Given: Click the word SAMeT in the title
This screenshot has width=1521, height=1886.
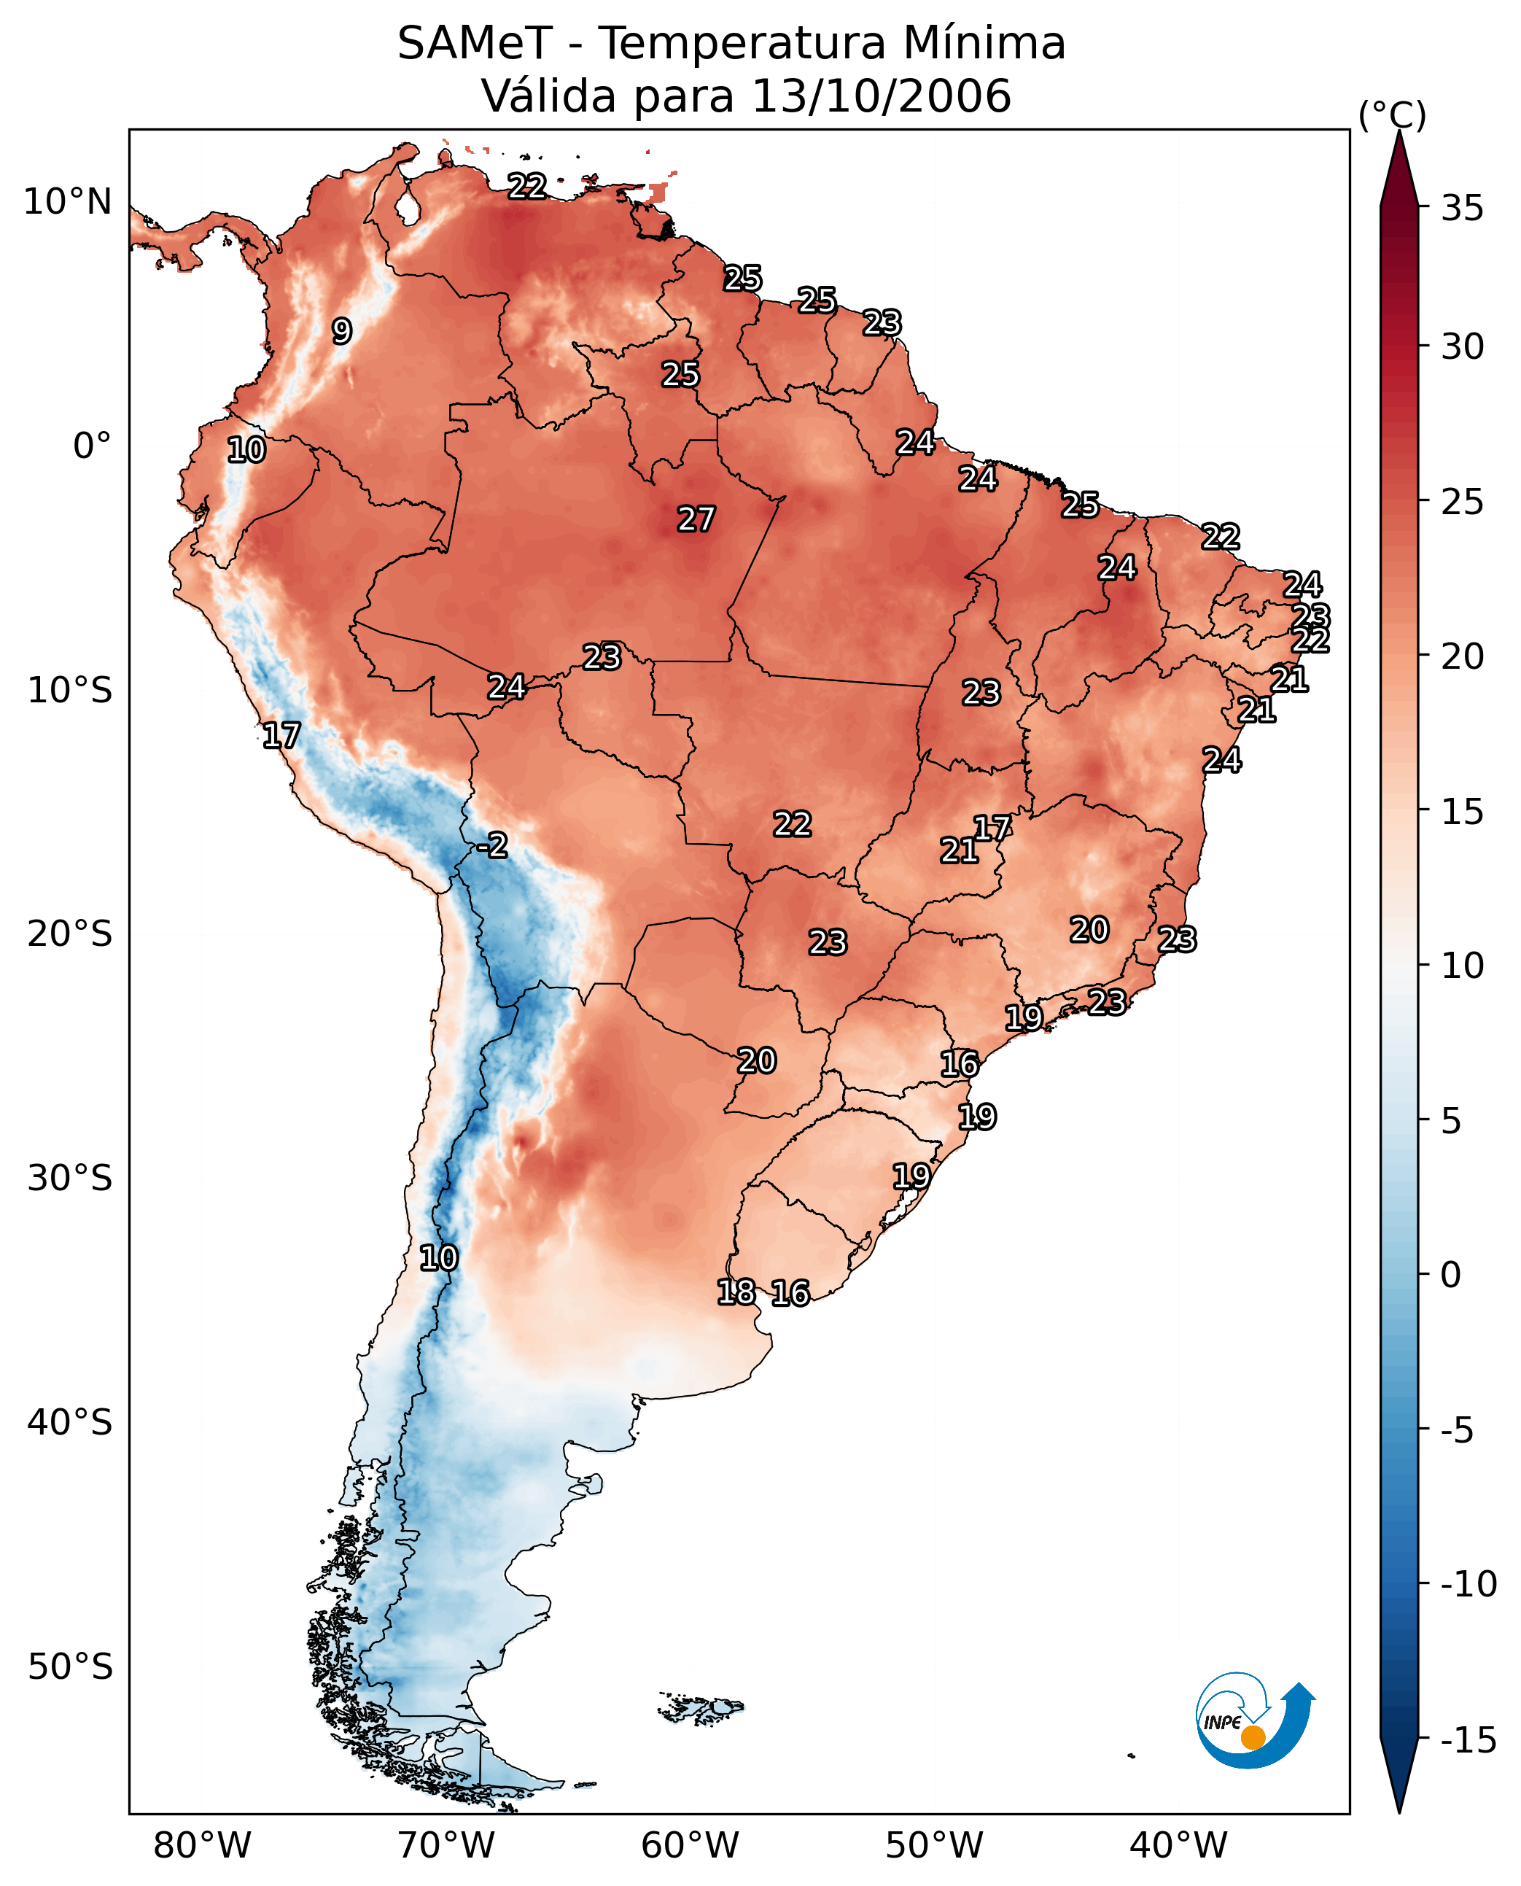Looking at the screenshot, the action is coord(475,43).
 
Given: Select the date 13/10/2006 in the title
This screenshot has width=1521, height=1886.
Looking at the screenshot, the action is coord(882,96).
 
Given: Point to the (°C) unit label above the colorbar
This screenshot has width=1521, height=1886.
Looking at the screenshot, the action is coord(1392,115).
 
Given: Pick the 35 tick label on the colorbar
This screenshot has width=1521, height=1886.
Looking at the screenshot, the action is coord(1462,209).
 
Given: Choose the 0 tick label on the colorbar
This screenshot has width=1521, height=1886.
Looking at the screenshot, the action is coord(1451,1275).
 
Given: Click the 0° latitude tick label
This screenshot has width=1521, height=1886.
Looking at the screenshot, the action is coord(92,445).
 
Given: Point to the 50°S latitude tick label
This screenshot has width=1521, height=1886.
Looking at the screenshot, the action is coord(70,1666).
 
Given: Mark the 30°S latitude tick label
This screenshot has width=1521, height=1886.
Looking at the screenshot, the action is coord(70,1178).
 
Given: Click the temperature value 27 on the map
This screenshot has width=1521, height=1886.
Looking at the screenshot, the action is coord(696,519).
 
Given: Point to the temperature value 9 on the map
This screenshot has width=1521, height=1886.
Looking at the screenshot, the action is coord(342,330).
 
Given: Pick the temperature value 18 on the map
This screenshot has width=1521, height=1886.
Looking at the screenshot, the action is coord(735,1291).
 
